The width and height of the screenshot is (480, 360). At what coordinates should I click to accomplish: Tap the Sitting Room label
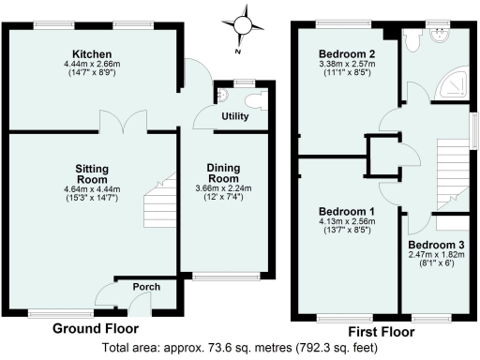(x=93, y=174)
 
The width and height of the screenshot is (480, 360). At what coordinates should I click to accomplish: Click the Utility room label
(x=233, y=116)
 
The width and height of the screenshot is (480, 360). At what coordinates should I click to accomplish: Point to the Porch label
(x=145, y=287)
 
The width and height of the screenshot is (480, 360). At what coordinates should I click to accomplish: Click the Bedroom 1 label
(x=346, y=211)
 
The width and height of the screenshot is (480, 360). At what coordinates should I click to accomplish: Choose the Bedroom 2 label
(x=347, y=53)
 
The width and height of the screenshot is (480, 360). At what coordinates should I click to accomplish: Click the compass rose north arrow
(x=245, y=24)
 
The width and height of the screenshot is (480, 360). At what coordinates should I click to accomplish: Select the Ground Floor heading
(x=95, y=329)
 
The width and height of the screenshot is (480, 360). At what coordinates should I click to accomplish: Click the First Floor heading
(x=381, y=331)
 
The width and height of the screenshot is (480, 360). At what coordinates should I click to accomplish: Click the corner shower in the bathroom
(x=457, y=82)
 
